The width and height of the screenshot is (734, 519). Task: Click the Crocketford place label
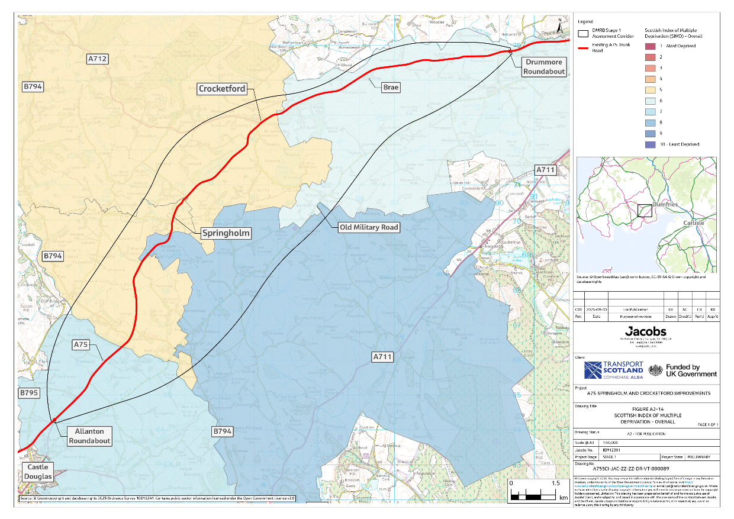(222, 89)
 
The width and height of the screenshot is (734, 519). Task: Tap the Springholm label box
(226, 233)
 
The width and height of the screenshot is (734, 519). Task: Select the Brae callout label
(391, 88)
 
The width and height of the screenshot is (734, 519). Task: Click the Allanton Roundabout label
(89, 436)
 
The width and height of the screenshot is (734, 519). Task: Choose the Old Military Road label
(369, 227)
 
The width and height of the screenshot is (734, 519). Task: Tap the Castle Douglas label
(38, 472)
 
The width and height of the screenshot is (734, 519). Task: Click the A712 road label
(98, 59)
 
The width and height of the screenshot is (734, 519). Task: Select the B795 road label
(29, 392)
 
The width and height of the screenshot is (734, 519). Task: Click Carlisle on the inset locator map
(694, 223)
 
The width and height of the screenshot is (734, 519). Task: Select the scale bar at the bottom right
(533, 492)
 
